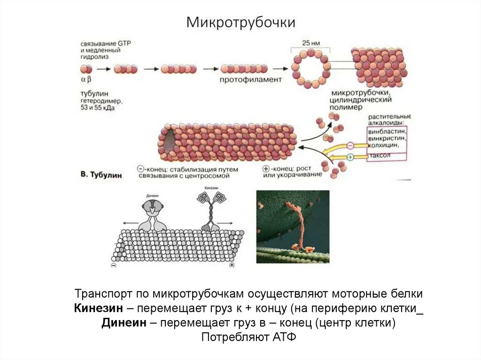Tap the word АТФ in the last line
(x=283, y=338)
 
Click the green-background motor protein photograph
(x=293, y=226)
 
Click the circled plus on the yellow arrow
(x=350, y=156)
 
